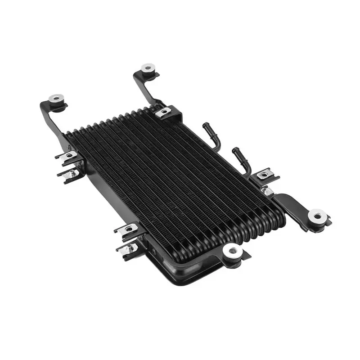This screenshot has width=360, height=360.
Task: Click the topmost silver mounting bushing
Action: pos(148,68)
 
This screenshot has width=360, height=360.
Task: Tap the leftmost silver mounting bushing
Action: pos(56,98)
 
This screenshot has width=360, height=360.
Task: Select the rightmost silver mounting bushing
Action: pos(318,216)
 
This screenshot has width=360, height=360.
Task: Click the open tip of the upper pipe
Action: pos(206,125)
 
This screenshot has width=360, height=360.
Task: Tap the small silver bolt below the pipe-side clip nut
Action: pos(269,191)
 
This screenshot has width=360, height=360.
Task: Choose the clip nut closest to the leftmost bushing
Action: pos(69,155)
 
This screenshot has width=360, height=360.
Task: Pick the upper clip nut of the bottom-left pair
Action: pos(128,229)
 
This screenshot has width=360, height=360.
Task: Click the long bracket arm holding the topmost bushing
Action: pos(145,90)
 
